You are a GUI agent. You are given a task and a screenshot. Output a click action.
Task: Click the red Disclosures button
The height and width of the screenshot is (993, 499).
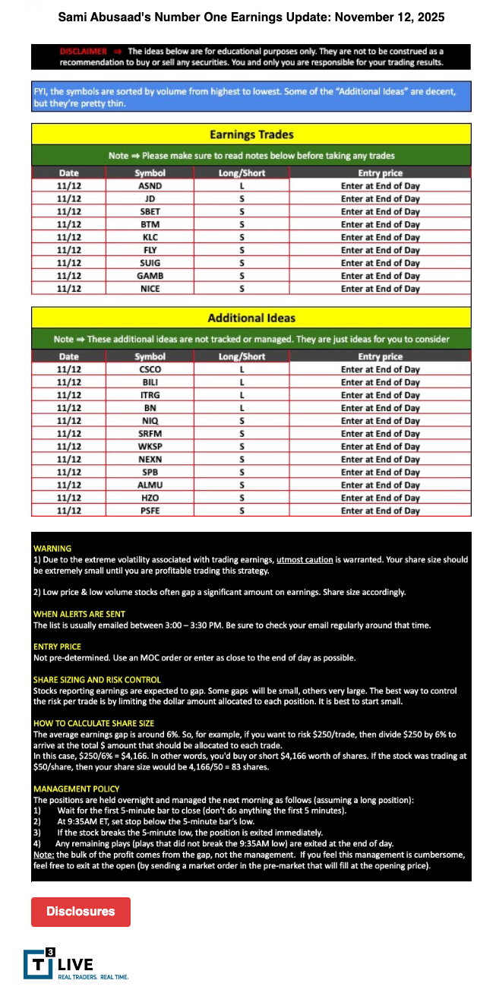[x=81, y=912]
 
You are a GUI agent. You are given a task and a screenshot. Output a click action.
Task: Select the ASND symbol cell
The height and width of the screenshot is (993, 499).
[x=150, y=185]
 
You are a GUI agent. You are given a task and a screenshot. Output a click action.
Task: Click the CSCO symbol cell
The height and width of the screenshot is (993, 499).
[x=150, y=369]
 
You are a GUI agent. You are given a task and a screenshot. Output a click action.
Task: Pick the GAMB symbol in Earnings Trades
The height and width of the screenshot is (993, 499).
[x=150, y=276]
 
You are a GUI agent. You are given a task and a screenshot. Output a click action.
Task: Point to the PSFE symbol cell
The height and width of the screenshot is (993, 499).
[x=150, y=511]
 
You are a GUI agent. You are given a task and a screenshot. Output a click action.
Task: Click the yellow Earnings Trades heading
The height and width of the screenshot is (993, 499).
[x=251, y=134]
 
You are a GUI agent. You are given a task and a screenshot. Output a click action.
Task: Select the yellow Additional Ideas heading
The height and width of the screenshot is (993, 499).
[x=251, y=318]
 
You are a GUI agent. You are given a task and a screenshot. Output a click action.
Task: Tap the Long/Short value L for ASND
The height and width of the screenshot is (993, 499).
[x=242, y=185]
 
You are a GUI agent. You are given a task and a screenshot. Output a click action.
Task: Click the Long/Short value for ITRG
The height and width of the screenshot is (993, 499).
[x=242, y=395]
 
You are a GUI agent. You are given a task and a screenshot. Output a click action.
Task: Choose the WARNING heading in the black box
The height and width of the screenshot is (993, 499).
[x=52, y=548]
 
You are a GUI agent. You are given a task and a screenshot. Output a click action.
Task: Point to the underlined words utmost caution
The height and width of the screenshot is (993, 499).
[x=304, y=560]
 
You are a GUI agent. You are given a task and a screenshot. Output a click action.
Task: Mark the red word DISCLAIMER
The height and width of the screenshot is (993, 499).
[x=83, y=51]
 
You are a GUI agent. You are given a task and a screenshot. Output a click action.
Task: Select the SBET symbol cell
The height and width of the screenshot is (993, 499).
[x=150, y=211]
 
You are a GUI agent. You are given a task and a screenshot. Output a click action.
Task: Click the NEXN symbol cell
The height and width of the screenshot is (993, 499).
[x=150, y=459]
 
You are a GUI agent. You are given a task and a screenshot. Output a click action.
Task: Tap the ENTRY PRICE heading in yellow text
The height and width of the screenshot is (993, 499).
[x=58, y=647]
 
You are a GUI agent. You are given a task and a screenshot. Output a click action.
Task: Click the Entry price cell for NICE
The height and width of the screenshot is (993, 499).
[x=380, y=289]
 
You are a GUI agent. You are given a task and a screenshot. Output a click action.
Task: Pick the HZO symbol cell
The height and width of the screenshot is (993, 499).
[x=150, y=498]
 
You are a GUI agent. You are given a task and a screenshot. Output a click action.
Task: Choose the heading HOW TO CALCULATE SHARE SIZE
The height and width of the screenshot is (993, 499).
[x=93, y=723]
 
